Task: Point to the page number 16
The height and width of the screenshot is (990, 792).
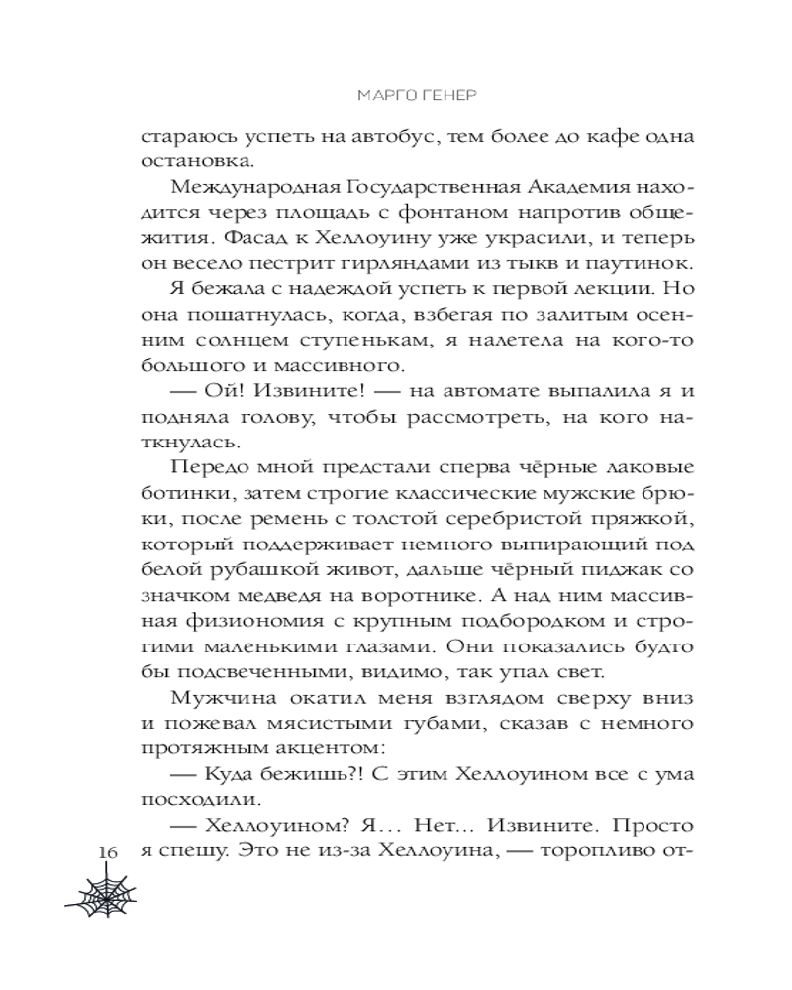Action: coord(108,852)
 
